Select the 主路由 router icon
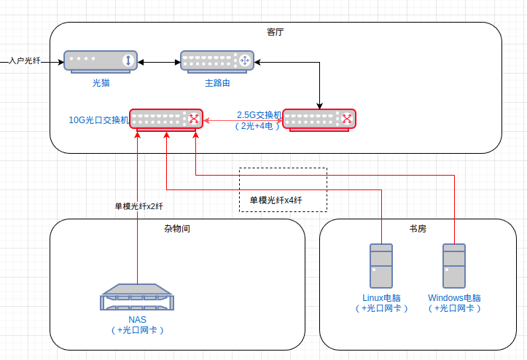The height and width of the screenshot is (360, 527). point(217,60)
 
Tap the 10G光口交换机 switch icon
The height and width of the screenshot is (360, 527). point(166,120)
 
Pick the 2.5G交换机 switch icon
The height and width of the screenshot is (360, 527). point(319,120)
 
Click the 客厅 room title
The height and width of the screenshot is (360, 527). point(276,31)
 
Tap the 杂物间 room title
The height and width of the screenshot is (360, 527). point(177,228)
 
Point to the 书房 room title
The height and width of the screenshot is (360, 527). point(418,228)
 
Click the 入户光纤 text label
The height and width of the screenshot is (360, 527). point(24,61)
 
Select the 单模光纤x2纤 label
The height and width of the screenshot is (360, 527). point(138,206)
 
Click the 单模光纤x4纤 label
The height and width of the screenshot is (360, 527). point(276,200)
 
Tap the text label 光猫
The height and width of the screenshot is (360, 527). point(101,84)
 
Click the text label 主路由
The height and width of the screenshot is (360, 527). point(217,84)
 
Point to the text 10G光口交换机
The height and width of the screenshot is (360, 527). point(98,120)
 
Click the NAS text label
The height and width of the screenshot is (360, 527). point(137,320)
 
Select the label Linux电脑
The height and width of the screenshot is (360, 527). point(381,298)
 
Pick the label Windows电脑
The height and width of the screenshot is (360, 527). point(454,298)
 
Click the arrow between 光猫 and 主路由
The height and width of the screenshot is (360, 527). point(159,61)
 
